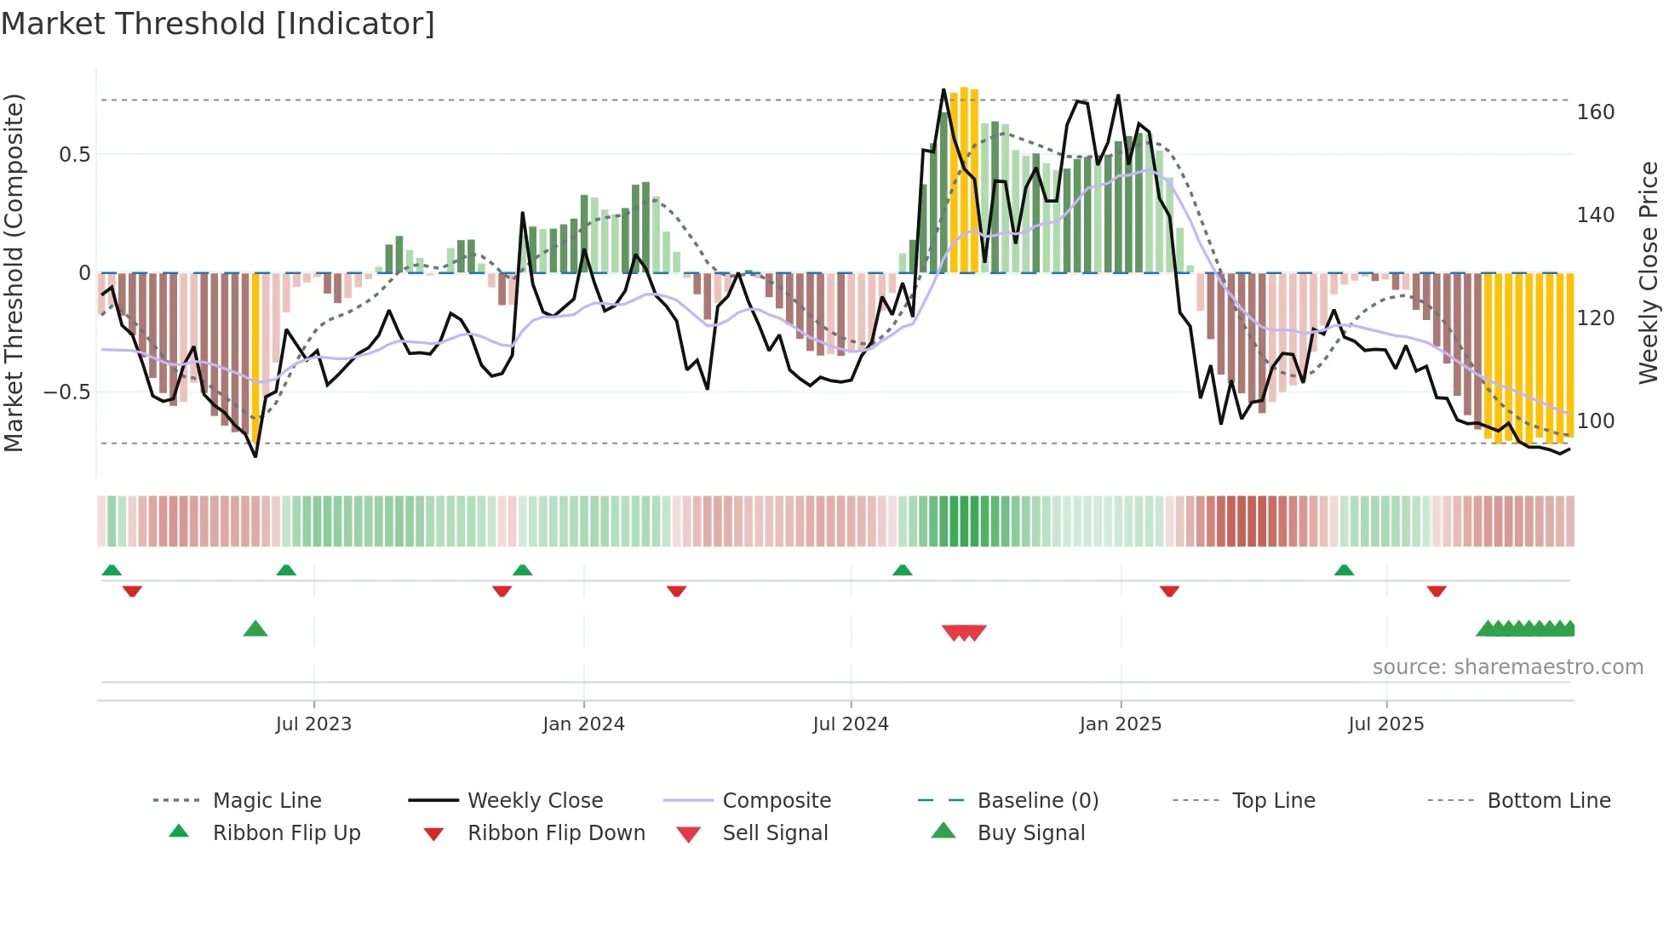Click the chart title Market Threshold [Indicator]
(218, 24)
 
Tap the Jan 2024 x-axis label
(583, 724)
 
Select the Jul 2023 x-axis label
(313, 724)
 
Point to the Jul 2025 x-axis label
(1385, 724)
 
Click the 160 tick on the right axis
(1595, 112)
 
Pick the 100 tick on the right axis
(1595, 421)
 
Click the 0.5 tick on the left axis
(74, 155)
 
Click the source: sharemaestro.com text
(1507, 667)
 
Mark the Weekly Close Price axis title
(1649, 272)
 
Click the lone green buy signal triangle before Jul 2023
(255, 630)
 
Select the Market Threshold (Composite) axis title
(14, 272)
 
